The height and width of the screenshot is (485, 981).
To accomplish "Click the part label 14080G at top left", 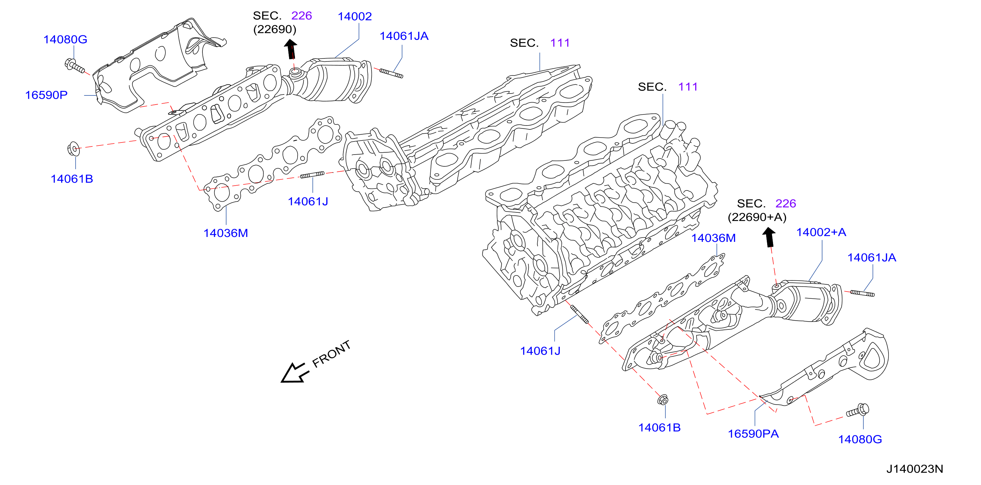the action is coord(65,39).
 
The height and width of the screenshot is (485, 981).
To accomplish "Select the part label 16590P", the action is coord(46,95).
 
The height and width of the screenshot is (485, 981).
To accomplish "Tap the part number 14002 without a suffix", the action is coord(354,16).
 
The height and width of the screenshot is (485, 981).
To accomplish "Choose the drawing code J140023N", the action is coord(914,469).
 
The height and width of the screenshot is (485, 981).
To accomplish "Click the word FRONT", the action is coord(331,354).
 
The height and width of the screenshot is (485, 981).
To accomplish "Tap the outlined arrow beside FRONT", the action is coord(294,373).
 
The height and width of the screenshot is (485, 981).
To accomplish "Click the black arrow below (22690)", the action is coord(291,49).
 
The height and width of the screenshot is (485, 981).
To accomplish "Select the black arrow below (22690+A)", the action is coord(769,237).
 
